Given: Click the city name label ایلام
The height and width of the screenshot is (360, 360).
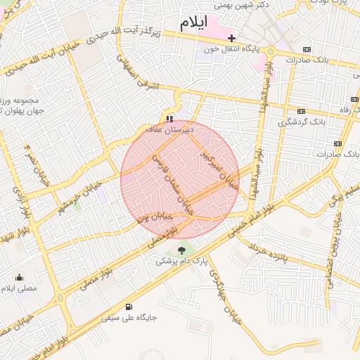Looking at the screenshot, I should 195,22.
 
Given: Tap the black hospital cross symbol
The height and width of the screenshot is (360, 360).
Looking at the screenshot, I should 231,38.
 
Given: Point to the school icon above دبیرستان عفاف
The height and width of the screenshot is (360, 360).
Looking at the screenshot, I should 169,117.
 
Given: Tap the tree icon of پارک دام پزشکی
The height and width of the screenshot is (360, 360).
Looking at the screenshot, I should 182,250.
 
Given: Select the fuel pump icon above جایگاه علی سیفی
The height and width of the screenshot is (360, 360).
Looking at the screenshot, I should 129,307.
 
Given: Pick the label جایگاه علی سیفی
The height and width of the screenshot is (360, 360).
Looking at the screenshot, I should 129,318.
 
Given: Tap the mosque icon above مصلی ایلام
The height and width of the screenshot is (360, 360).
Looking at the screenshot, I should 19,277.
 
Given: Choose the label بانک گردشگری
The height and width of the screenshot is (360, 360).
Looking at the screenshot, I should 302,122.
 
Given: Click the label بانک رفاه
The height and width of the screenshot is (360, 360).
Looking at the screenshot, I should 345,110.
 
